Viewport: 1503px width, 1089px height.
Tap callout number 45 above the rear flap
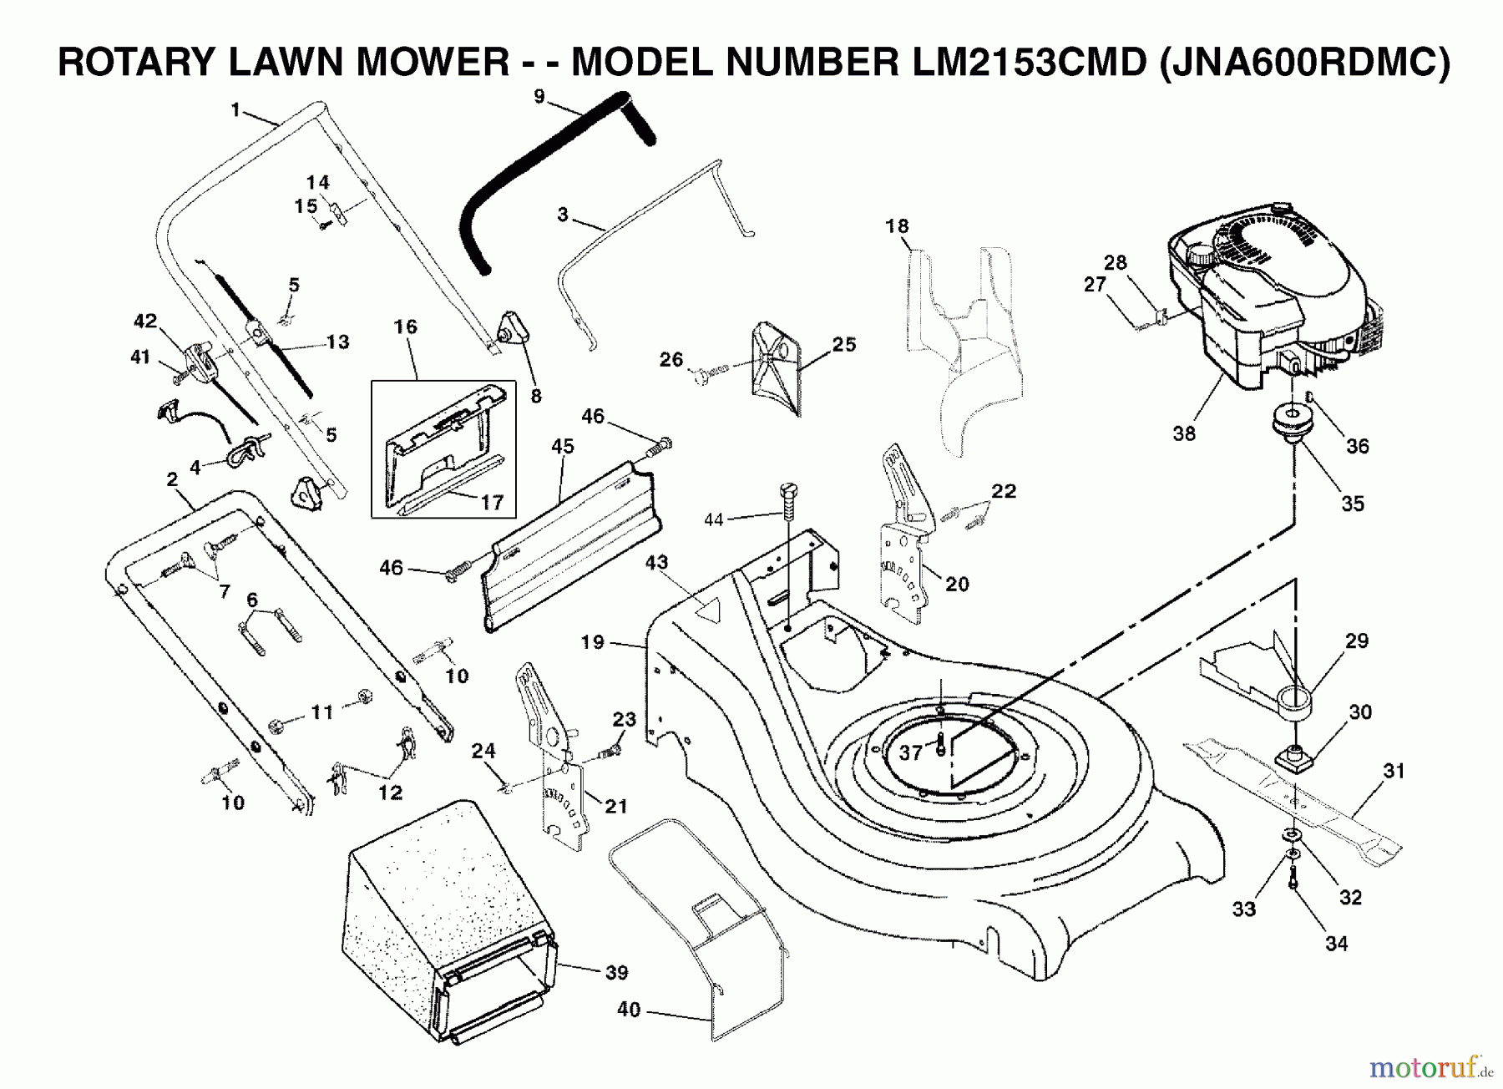(563, 447)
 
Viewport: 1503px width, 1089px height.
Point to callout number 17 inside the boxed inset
(493, 502)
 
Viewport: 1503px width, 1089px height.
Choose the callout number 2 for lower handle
(172, 480)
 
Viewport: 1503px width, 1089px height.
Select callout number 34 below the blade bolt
(1336, 944)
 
